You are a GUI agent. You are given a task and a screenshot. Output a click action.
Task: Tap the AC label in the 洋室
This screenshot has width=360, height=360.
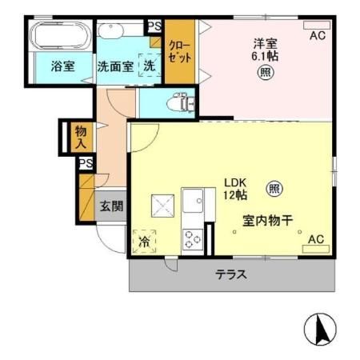(x=317, y=36)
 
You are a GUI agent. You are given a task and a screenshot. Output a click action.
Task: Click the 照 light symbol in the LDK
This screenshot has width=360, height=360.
(x=274, y=189)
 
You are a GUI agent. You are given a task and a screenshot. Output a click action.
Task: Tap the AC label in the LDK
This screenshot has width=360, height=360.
(x=316, y=238)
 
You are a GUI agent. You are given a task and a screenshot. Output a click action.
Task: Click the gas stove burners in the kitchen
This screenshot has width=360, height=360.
(x=193, y=238)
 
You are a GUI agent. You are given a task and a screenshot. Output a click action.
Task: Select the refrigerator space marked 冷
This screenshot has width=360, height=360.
(x=145, y=240)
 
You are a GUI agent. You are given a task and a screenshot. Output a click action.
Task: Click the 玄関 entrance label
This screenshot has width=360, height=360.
(x=111, y=206)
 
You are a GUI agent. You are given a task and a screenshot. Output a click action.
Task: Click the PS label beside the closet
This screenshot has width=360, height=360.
(x=155, y=26)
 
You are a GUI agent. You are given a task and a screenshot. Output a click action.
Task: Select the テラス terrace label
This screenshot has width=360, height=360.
(x=230, y=275)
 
